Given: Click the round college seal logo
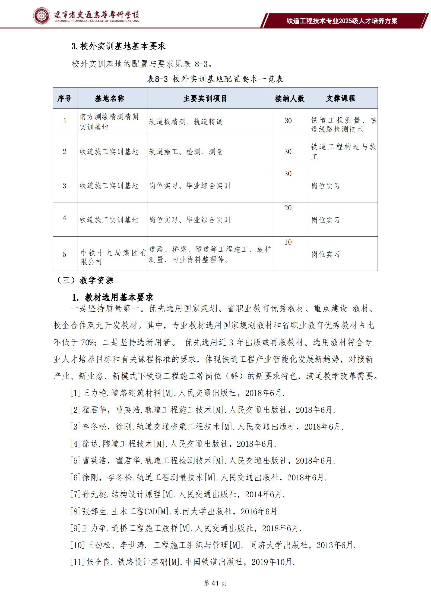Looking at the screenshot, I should (x=42, y=16).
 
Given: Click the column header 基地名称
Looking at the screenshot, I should (x=109, y=98).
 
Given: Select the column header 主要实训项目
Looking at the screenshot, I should (x=205, y=98).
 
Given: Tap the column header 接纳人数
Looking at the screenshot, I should (x=290, y=98).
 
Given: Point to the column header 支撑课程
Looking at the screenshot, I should (x=341, y=98).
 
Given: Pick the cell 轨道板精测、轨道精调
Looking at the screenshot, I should (x=186, y=122).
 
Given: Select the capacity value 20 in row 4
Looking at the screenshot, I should (x=288, y=208).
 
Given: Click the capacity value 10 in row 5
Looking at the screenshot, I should (x=288, y=242).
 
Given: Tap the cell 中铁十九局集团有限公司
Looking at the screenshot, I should (x=113, y=257).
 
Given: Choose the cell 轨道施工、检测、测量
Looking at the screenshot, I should (x=186, y=152).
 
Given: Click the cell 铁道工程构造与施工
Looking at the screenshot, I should (x=343, y=151).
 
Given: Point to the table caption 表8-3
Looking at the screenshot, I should (x=157, y=79).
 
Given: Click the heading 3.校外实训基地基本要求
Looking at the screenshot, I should (x=119, y=46).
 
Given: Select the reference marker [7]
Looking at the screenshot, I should (x=76, y=494).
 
